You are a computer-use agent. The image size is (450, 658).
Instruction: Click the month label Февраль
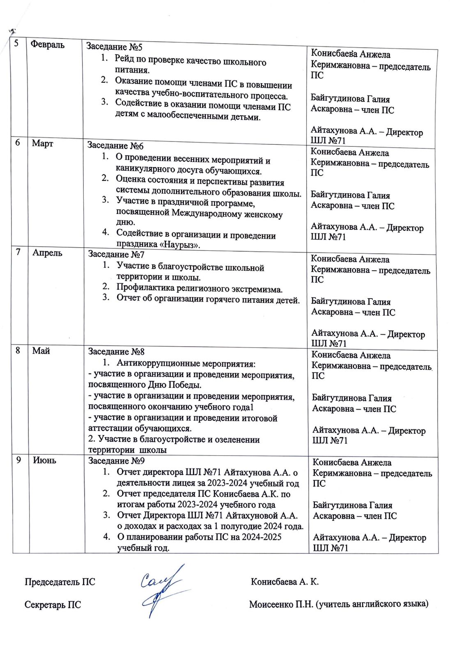coord(48,44)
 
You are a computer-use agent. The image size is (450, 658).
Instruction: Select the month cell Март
coord(43,143)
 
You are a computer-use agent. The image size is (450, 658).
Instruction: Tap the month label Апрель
coord(47,253)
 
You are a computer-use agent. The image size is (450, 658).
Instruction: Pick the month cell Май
coord(41,350)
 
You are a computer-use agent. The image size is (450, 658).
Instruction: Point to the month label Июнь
coord(44,460)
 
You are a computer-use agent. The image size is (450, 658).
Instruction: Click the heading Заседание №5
coord(114,46)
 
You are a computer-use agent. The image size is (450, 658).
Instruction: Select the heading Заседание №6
coord(115,145)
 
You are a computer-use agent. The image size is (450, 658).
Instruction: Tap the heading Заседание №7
coord(116,254)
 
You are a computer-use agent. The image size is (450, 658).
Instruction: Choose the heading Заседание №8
coord(116,352)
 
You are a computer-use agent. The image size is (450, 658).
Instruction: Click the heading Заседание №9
coord(117,461)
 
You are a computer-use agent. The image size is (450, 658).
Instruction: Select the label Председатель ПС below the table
coord(60,582)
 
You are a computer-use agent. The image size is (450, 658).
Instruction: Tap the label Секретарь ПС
coord(53,605)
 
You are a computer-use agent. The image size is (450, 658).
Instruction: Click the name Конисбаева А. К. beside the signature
coord(285,582)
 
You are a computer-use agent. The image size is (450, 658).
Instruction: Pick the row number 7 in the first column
coord(18,251)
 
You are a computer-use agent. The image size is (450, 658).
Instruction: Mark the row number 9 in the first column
coord(19,460)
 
